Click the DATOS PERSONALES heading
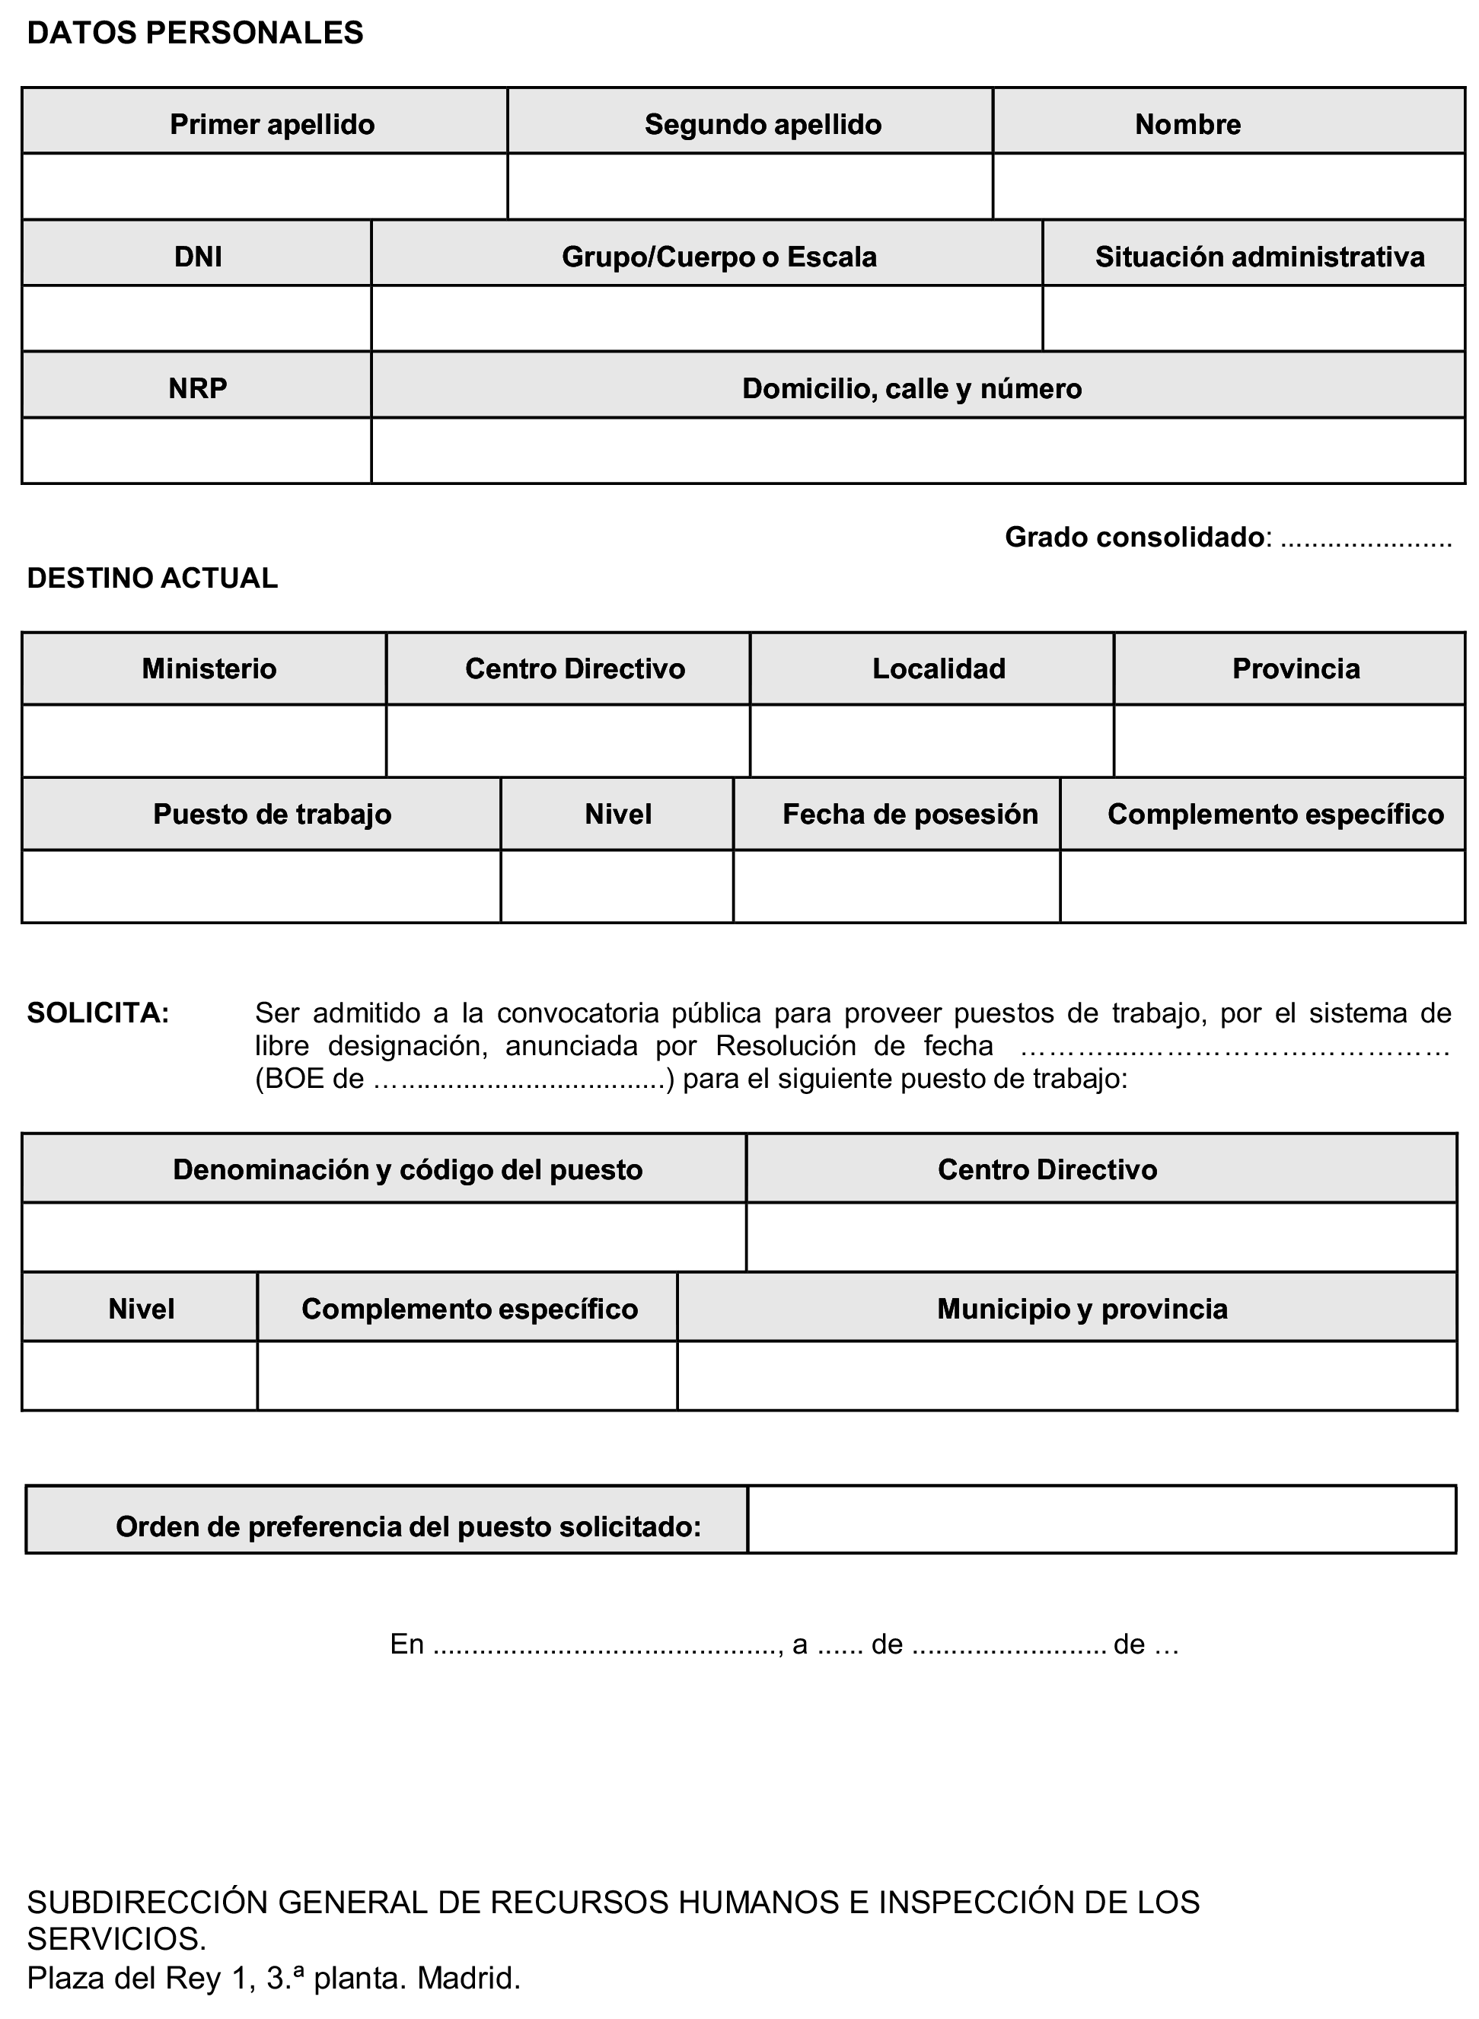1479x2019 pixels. [x=195, y=33]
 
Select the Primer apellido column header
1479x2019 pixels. [x=273, y=123]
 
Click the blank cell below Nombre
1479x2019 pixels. [x=1229, y=187]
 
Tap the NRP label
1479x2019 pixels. [x=198, y=388]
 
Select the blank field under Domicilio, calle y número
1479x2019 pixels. [x=918, y=451]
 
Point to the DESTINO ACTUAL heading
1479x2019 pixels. [x=152, y=579]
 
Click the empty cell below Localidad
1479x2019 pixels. [x=932, y=742]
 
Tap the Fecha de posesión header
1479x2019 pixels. [x=910, y=814]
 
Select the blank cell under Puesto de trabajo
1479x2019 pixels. [x=260, y=886]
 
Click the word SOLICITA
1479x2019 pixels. [x=97, y=1013]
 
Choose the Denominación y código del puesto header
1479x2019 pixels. [x=407, y=1169]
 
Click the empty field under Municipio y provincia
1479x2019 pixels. [x=1066, y=1375]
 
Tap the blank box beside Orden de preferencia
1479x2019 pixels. [x=1101, y=1520]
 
